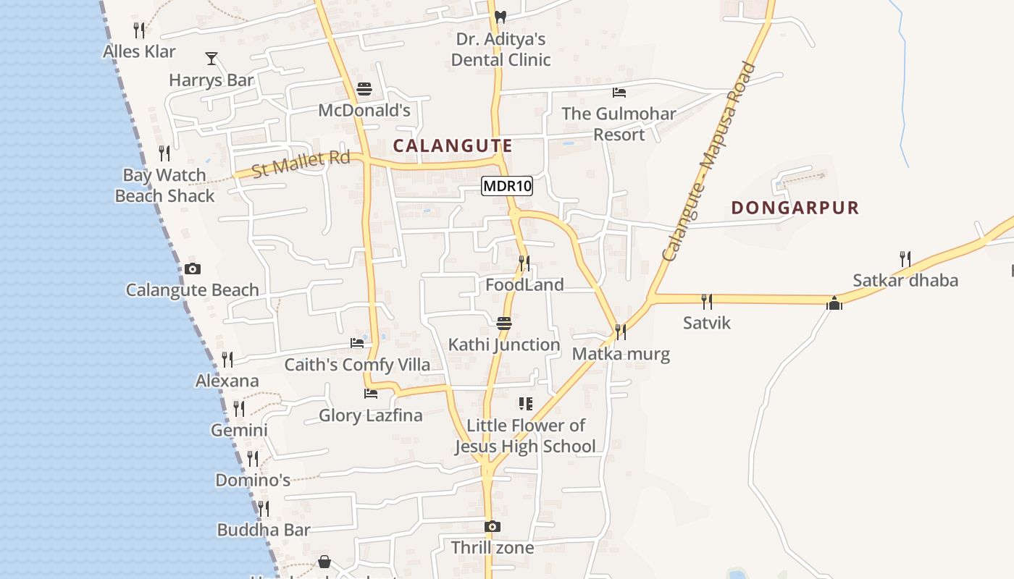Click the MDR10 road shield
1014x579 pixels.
click(507, 186)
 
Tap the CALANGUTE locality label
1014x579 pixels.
click(453, 145)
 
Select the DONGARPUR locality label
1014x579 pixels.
click(795, 208)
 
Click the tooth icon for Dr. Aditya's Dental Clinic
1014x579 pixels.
click(500, 16)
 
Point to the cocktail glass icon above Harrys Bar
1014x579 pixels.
click(211, 59)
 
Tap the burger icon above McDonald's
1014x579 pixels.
click(364, 89)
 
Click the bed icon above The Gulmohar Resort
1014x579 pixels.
click(619, 93)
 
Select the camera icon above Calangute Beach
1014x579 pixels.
click(192, 269)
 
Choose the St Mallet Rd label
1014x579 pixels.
click(301, 164)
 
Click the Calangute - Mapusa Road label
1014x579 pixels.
click(710, 161)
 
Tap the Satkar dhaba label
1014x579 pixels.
click(905, 280)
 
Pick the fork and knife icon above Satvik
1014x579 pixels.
click(707, 301)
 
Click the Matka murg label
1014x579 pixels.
click(621, 354)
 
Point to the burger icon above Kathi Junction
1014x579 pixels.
click(504, 323)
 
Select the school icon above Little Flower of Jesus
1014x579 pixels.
click(525, 404)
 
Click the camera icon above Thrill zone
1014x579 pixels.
click(493, 526)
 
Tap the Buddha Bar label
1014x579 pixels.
click(264, 530)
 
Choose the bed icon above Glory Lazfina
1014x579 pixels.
click(371, 394)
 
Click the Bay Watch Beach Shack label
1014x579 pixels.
click(165, 185)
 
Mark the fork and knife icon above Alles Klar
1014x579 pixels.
click(139, 30)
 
